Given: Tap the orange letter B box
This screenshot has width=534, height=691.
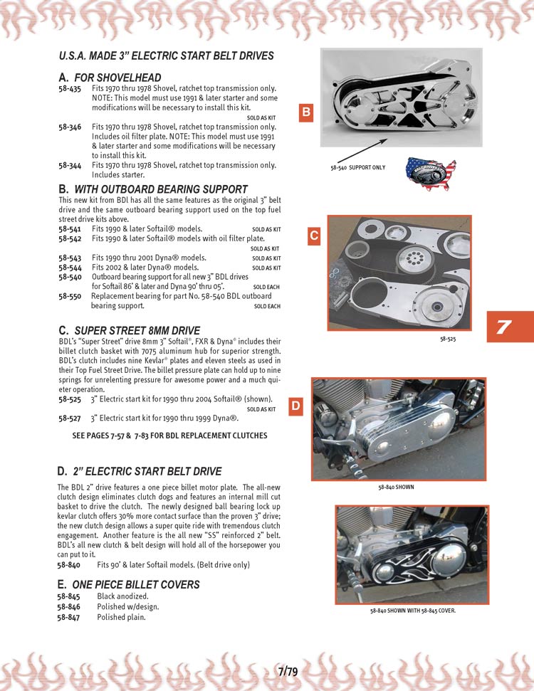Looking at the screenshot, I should [x=305, y=112].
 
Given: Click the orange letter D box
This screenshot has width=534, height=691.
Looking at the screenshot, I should [x=295, y=406].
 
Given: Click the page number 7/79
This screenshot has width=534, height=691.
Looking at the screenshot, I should [x=288, y=671].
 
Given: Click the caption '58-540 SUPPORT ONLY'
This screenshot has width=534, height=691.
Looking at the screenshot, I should [x=357, y=167].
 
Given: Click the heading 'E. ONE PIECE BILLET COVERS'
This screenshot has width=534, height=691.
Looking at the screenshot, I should [x=128, y=584].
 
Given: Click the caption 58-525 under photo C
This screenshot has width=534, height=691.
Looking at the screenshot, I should [x=448, y=339].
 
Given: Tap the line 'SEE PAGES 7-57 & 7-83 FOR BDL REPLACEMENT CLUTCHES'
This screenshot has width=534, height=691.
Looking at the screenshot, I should [x=170, y=436].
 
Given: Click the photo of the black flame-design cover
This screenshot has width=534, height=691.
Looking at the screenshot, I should [x=412, y=554].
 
